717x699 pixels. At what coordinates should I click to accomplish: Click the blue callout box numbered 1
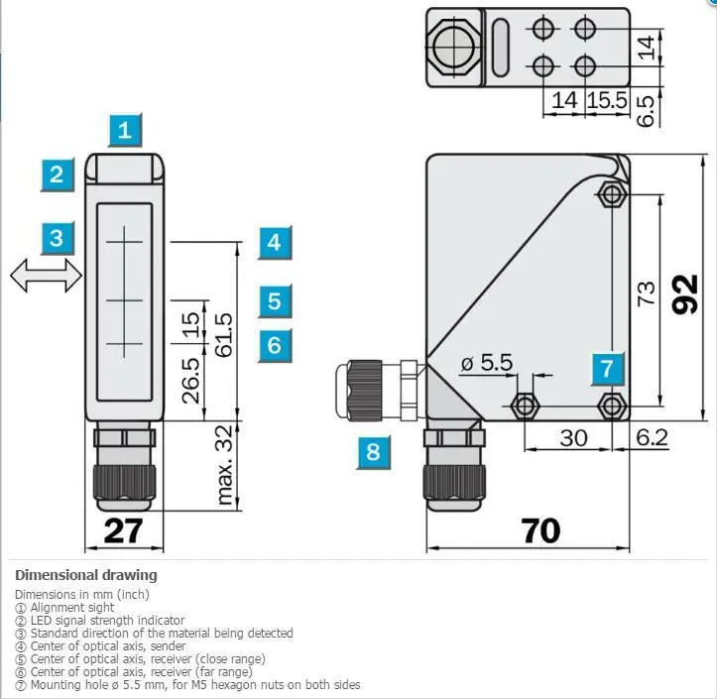pos(125,130)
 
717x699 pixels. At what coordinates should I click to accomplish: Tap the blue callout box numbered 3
pos(58,238)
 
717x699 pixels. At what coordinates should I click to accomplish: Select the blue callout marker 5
pos(275,300)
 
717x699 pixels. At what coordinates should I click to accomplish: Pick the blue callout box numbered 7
pos(607,369)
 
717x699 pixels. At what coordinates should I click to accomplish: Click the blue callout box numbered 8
pos(374,452)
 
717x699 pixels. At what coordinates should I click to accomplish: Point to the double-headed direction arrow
pos(47,276)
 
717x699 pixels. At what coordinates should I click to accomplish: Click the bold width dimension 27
pos(123,530)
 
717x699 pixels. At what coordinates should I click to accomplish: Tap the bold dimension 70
pos(540,530)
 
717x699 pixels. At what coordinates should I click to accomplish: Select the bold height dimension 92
pos(685,294)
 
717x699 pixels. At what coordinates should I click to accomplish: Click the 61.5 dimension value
pos(224,335)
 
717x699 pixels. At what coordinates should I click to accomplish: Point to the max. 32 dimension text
pos(224,465)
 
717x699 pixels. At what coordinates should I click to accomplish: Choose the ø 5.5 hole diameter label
pos(487,363)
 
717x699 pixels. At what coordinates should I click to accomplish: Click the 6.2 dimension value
pos(653,437)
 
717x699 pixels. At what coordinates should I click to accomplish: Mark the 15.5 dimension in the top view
pos(607,100)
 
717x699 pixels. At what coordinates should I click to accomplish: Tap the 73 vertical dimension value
pos(647,293)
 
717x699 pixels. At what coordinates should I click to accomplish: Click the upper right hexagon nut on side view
pos(611,194)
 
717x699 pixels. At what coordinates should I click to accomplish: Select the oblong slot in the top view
pos(501,48)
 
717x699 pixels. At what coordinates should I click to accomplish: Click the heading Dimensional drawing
pos(86,575)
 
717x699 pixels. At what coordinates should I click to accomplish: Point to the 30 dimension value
pos(573,438)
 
